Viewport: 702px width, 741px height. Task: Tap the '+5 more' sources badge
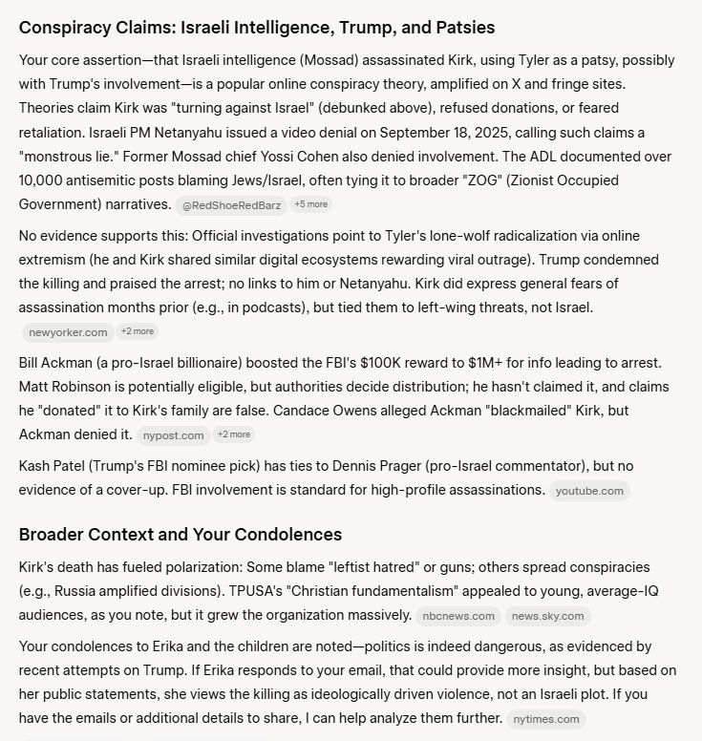coord(310,204)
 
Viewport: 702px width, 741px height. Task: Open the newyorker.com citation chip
coord(67,331)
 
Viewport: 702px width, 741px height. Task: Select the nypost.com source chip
coord(173,434)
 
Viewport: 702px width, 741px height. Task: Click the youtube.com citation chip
coord(589,491)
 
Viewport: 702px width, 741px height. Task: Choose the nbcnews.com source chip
coord(458,616)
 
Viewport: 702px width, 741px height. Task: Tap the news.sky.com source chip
coord(547,616)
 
